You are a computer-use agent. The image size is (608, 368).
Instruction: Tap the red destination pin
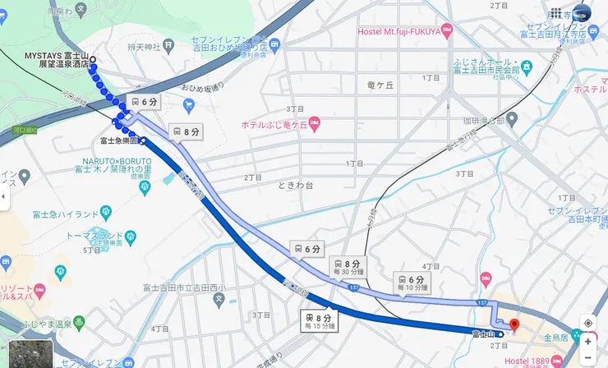(x=514, y=325)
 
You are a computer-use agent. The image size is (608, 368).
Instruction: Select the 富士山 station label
(x=482, y=333)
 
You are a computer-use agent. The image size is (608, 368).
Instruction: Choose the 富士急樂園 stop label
(x=117, y=140)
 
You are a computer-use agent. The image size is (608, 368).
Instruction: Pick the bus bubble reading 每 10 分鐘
(x=412, y=283)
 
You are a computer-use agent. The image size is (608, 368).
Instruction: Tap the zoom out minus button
(x=587, y=359)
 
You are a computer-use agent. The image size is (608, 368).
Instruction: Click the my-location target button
(x=587, y=323)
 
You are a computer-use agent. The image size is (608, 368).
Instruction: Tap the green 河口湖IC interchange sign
(x=25, y=130)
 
